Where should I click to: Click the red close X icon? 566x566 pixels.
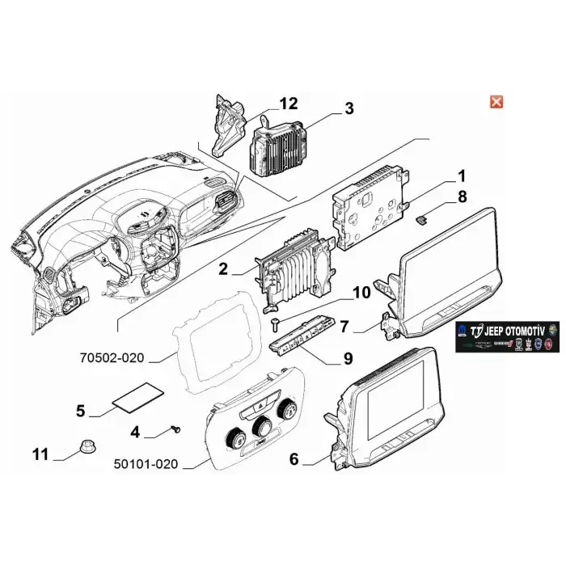(x=497, y=101)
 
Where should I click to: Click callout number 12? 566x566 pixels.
(x=288, y=103)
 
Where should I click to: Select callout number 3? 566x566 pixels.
(x=348, y=108)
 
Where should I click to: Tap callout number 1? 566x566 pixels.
(x=462, y=176)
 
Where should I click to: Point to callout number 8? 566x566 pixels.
(x=462, y=196)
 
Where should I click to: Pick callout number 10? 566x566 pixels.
(x=360, y=293)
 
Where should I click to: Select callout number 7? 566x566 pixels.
(x=344, y=327)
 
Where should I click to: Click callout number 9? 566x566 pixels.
(x=348, y=357)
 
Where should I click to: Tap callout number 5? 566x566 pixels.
(x=80, y=411)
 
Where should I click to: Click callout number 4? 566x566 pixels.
(x=136, y=433)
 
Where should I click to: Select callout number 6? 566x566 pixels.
(x=294, y=459)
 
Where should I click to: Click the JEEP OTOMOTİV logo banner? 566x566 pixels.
(x=509, y=336)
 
